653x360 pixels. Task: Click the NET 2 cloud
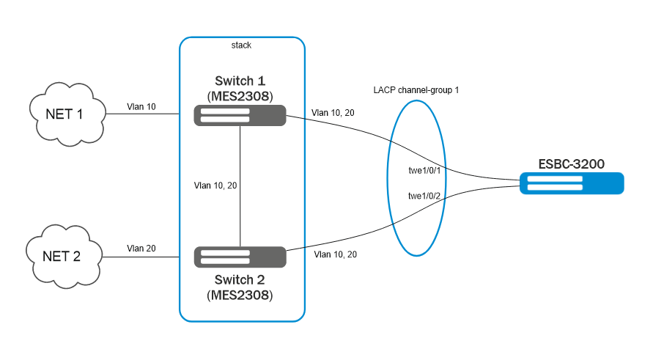click(64, 257)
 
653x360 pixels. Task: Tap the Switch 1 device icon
click(240, 115)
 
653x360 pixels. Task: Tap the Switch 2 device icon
click(240, 257)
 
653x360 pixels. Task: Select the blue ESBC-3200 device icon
click(572, 183)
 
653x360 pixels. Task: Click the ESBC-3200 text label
click(572, 164)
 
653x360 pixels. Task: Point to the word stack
click(241, 45)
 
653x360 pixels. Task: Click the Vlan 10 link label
click(141, 107)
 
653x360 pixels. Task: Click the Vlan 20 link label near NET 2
click(141, 249)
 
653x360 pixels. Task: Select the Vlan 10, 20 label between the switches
click(216, 185)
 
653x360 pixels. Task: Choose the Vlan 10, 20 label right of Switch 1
click(334, 113)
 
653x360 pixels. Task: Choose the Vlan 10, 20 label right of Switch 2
click(336, 254)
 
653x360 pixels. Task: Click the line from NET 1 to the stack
click(143, 114)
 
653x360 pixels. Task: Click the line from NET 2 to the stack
click(143, 257)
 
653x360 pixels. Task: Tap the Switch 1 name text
click(241, 81)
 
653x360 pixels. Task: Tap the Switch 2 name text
click(240, 280)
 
